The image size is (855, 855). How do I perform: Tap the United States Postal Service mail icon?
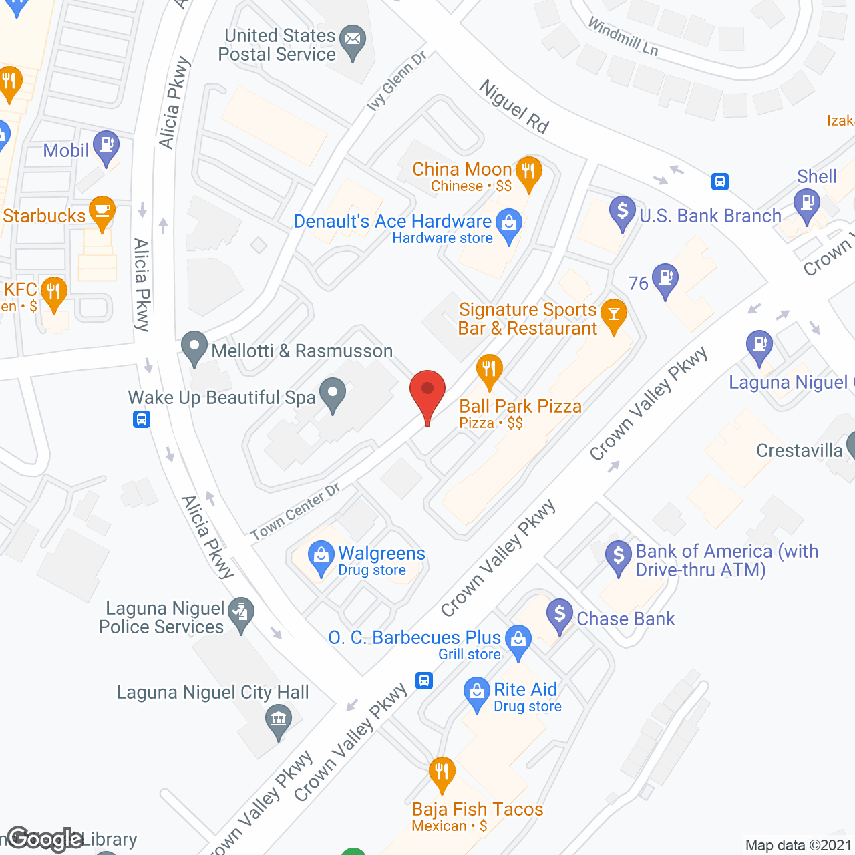pos(353,41)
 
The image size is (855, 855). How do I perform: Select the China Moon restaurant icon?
pos(528,171)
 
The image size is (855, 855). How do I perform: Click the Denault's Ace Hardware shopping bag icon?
pos(509,225)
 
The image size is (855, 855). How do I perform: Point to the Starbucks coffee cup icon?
pos(102,210)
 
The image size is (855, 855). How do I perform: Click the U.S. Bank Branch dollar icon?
pos(622,212)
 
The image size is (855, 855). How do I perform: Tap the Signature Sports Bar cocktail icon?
pos(613,315)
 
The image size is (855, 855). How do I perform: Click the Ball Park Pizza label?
pos(520,406)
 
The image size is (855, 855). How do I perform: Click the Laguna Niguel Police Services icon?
pos(241,612)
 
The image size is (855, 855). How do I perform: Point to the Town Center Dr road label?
pos(295,512)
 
